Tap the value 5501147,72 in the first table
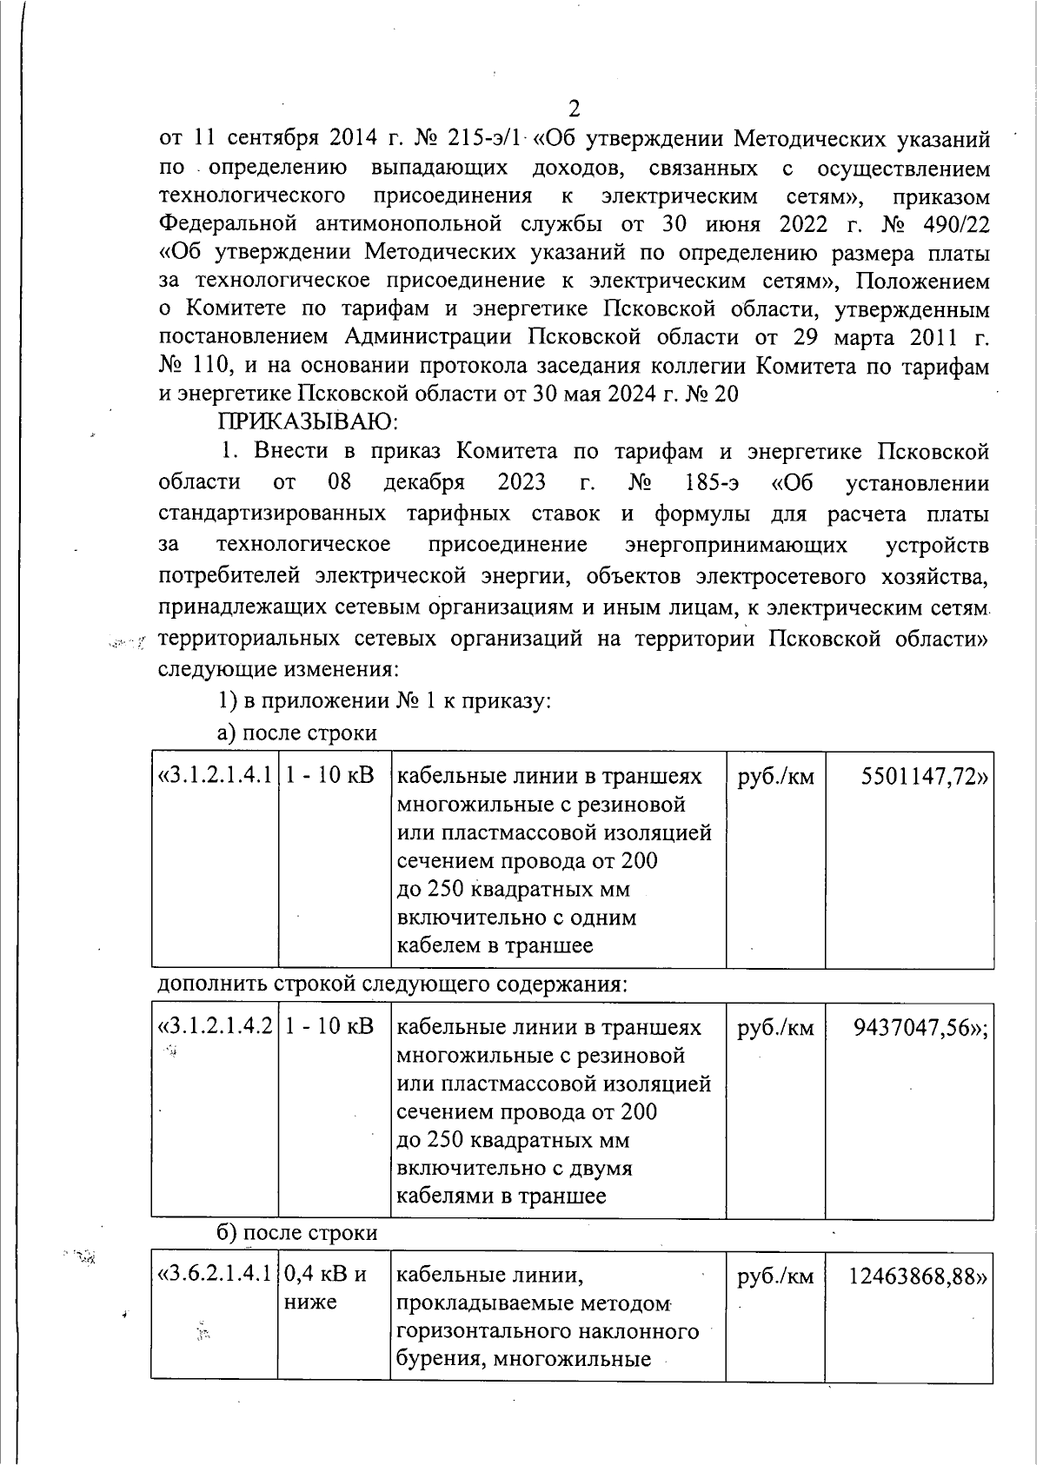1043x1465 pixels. (924, 776)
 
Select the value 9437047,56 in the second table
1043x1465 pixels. (922, 1027)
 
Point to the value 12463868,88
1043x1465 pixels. (918, 1276)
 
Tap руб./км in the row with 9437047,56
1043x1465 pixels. (775, 1027)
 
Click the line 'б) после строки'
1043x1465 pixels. (296, 1232)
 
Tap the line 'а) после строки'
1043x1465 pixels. (296, 732)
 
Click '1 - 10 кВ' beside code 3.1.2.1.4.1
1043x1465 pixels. (329, 776)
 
